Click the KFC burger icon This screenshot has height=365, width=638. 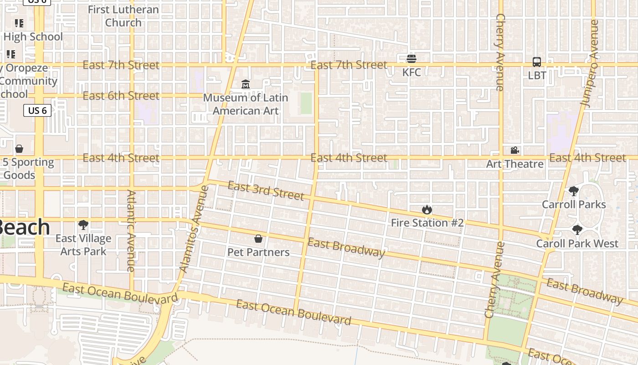pyautogui.click(x=412, y=58)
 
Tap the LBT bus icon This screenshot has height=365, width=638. pyautogui.click(x=537, y=62)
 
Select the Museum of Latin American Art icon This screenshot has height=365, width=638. pyautogui.click(x=246, y=84)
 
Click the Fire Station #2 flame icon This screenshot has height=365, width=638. pyautogui.click(x=427, y=209)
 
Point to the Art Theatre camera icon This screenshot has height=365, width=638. pyautogui.click(x=515, y=150)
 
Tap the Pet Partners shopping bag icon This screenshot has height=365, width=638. pyautogui.click(x=258, y=239)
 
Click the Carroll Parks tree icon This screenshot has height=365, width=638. pyautogui.click(x=574, y=191)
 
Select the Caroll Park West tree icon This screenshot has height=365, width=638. pyautogui.click(x=577, y=229)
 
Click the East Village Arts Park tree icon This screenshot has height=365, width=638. pyautogui.click(x=83, y=224)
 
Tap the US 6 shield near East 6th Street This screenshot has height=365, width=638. pyautogui.click(x=37, y=110)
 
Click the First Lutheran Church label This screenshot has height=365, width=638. pyautogui.click(x=123, y=16)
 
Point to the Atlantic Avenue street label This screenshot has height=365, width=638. pyautogui.click(x=131, y=231)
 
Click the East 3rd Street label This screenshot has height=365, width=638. pyautogui.click(x=266, y=191)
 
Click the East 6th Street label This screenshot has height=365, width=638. pyautogui.click(x=121, y=96)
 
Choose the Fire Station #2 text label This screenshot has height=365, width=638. pyautogui.click(x=427, y=223)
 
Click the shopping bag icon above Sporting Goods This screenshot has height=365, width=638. pyautogui.click(x=19, y=149)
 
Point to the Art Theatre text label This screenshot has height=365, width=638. pyautogui.click(x=515, y=164)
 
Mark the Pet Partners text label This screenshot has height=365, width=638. pyautogui.click(x=258, y=252)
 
